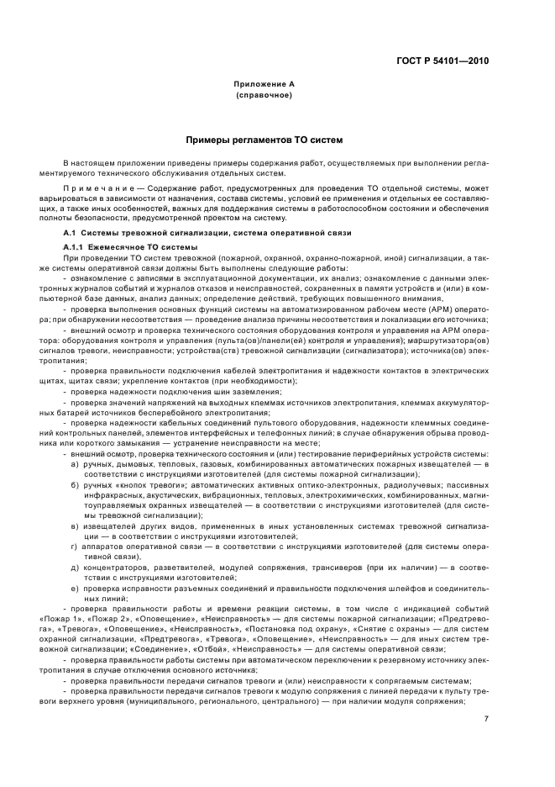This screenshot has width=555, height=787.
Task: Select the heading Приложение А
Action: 264,85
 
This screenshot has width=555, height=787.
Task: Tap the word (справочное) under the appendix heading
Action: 264,95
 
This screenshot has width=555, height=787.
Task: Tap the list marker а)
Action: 76,464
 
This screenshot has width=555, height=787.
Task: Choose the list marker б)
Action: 76,485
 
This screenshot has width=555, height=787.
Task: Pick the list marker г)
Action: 76,546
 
